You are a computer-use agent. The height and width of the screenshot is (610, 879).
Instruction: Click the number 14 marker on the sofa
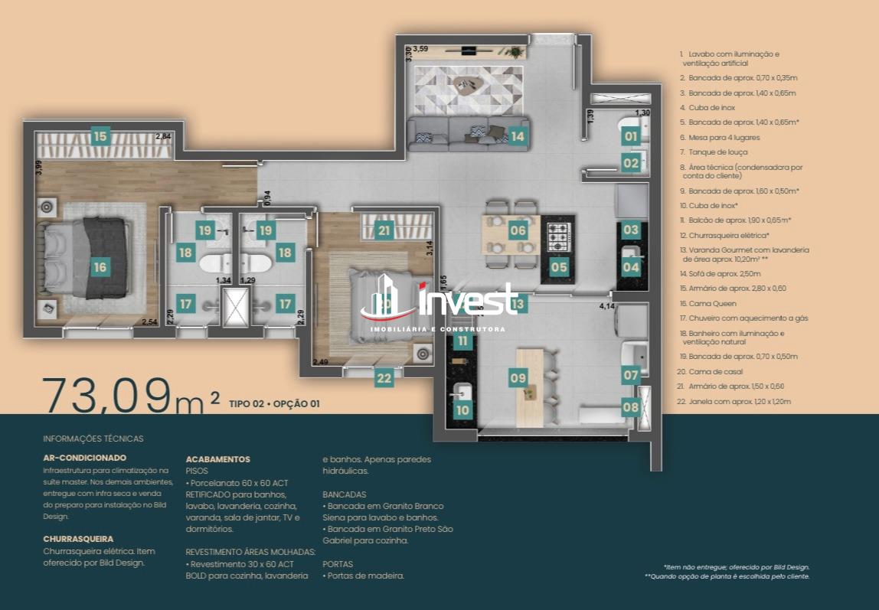(518, 137)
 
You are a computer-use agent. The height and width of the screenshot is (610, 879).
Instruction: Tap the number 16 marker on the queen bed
(100, 267)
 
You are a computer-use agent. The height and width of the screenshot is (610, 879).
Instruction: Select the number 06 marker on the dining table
(518, 230)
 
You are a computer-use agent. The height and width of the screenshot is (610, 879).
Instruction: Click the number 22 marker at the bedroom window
(384, 377)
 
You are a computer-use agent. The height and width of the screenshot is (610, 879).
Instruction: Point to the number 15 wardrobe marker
(100, 137)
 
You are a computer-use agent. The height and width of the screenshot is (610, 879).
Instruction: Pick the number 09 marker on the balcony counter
(518, 377)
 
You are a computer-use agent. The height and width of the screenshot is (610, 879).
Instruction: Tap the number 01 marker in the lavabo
(630, 137)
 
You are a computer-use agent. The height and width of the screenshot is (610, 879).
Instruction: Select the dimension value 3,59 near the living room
(420, 49)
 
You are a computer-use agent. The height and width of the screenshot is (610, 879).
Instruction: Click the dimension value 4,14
(608, 305)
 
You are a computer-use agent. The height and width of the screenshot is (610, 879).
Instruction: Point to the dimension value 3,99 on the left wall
(39, 168)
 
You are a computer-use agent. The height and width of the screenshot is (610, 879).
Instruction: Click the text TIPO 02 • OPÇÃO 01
(273, 404)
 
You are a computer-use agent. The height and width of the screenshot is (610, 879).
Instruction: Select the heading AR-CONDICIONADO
(85, 458)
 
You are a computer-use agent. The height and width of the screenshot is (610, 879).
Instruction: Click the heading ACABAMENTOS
(217, 459)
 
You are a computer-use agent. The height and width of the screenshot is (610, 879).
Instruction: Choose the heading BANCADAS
(344, 494)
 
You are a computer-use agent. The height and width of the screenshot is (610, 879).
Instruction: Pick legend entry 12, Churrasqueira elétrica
(724, 235)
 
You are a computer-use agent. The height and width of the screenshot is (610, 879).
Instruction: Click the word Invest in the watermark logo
(468, 299)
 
